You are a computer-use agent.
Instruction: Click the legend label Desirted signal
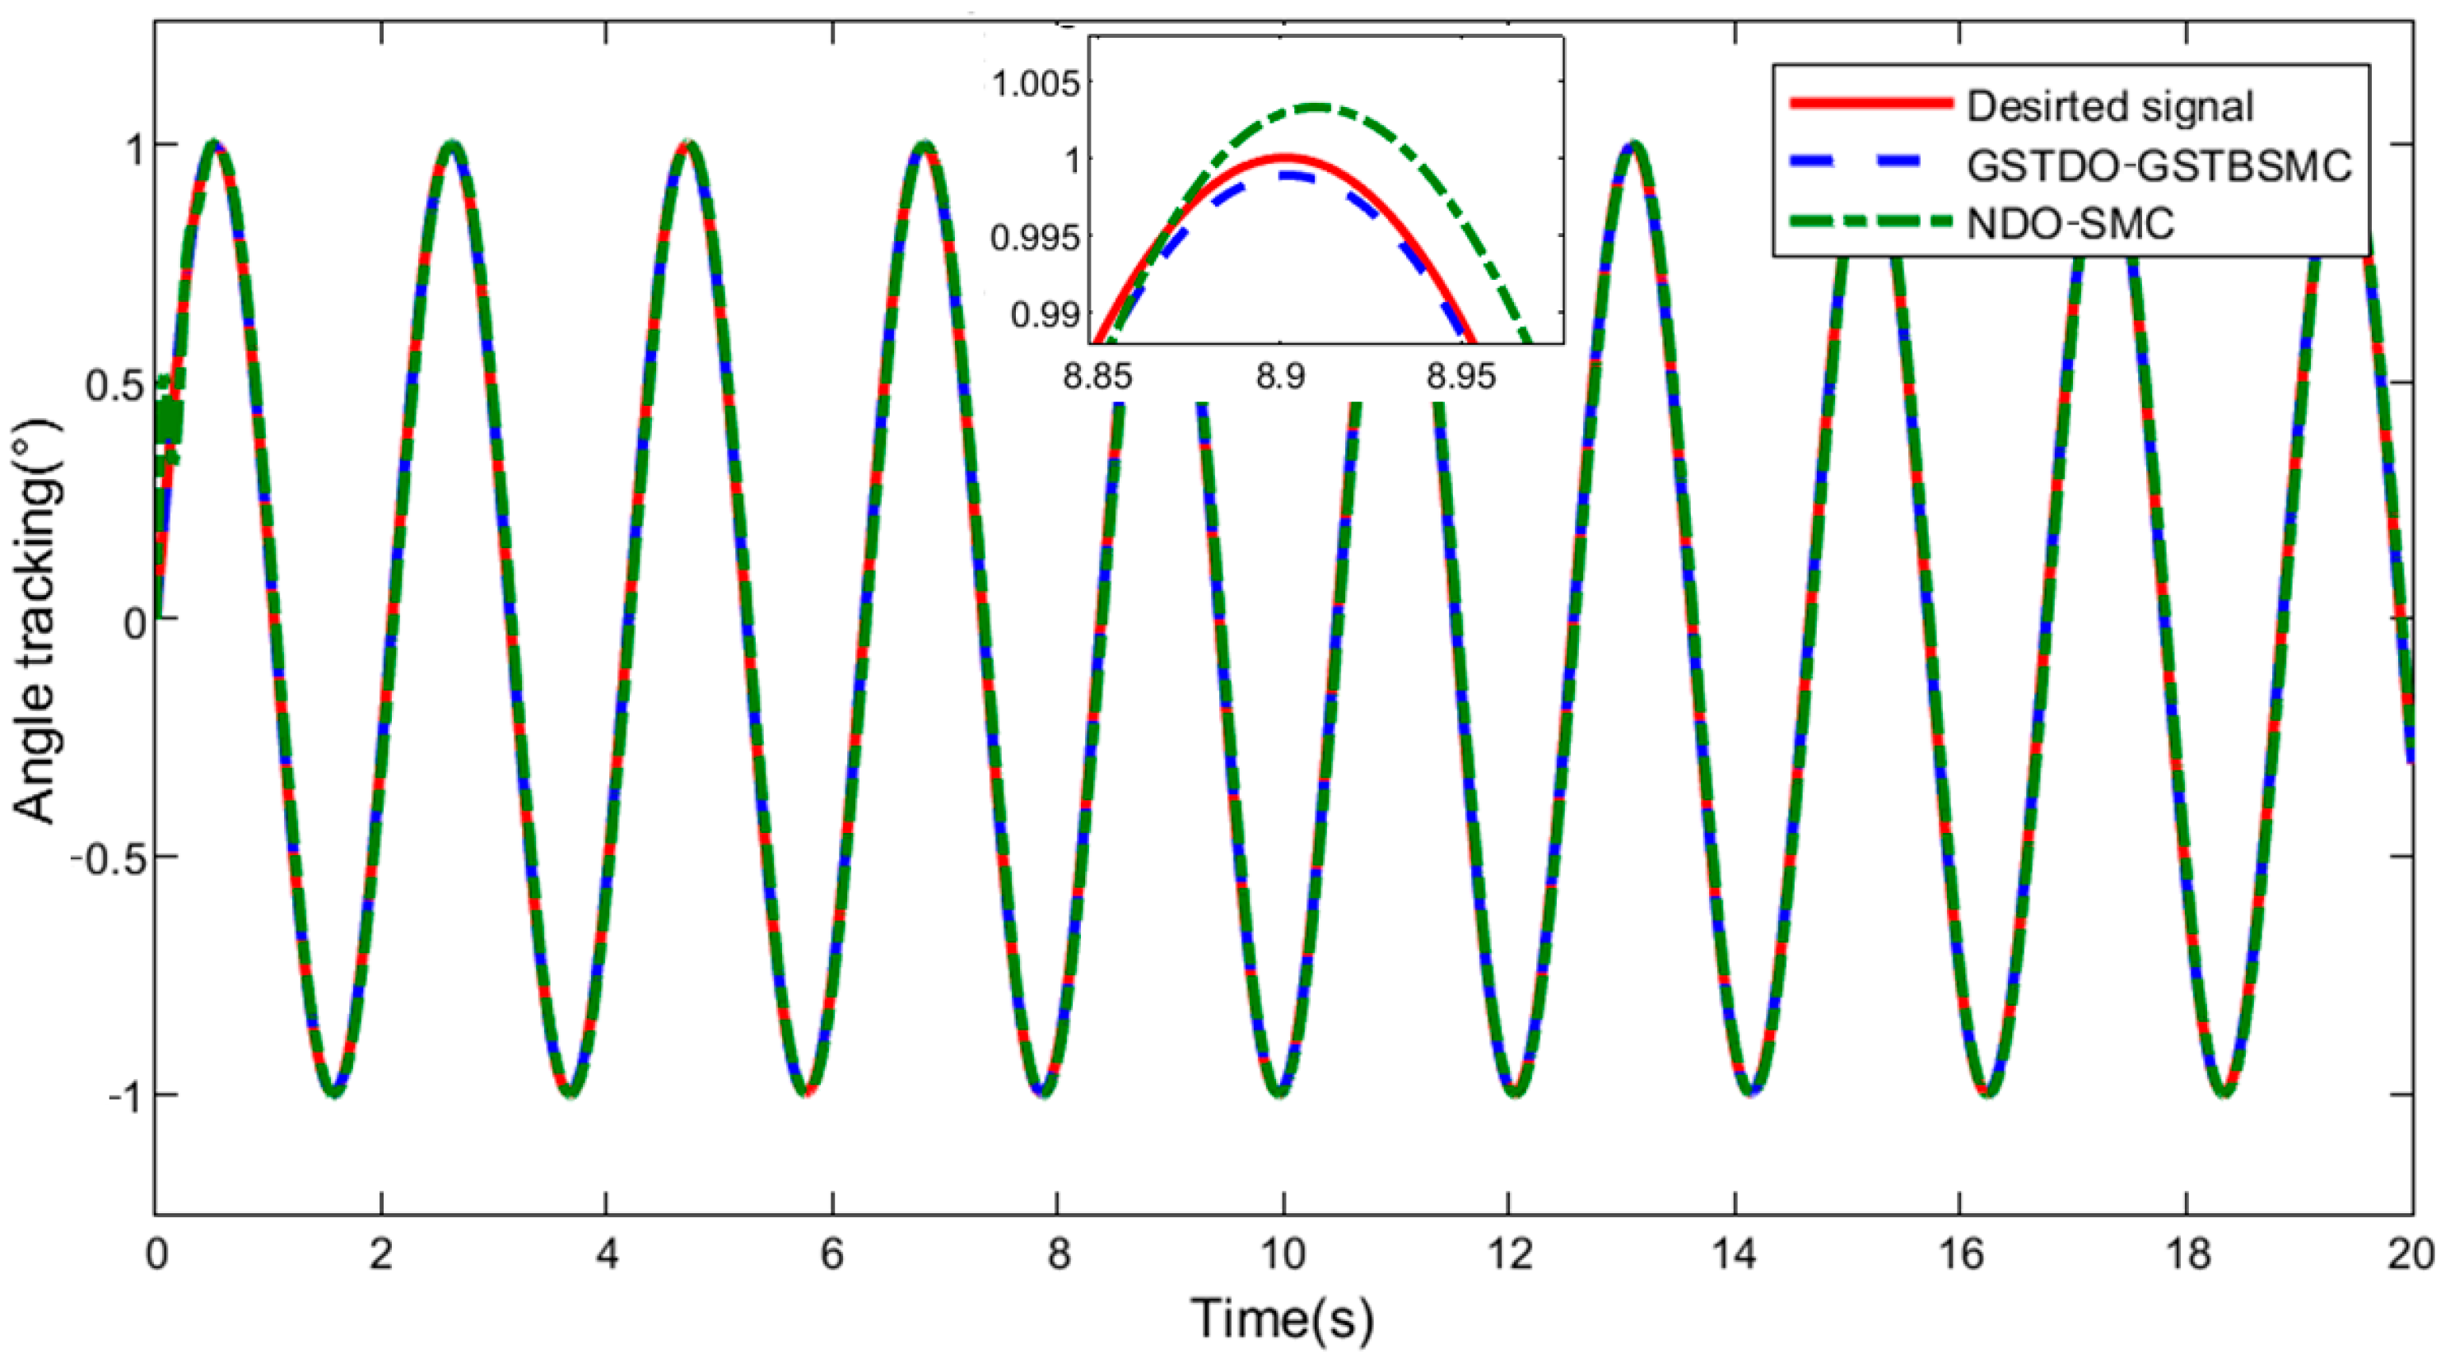coord(2109,105)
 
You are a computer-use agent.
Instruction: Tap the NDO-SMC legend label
coord(2070,224)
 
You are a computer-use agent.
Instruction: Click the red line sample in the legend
coord(1870,104)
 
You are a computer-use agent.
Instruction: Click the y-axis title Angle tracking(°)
coord(36,623)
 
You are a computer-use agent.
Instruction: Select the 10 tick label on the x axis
coord(1283,1255)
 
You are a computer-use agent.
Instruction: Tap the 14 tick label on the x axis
coord(1735,1255)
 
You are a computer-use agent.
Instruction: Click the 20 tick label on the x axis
coord(2412,1255)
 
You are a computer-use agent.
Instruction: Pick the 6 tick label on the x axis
coord(832,1255)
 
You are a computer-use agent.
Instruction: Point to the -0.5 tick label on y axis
coord(105,857)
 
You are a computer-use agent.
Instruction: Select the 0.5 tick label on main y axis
coord(114,384)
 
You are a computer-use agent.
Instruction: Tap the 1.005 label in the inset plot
coord(1036,84)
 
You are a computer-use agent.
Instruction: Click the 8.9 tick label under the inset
coord(1280,377)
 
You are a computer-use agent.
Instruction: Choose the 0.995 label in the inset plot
coord(1036,238)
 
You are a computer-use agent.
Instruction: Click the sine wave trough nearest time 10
coord(1279,1090)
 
